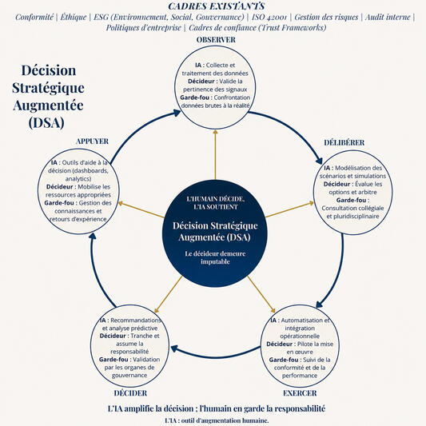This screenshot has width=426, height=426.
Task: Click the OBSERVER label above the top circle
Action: tap(216, 40)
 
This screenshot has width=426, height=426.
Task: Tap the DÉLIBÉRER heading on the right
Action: tap(344, 142)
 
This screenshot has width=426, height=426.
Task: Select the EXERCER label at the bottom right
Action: tap(300, 393)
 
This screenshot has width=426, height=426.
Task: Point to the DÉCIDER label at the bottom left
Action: tap(130, 393)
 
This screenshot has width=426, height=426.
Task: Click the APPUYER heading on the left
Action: tap(92, 141)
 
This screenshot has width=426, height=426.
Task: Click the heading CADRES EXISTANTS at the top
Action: tap(217, 6)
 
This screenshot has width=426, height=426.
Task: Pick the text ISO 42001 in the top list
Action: tap(269, 17)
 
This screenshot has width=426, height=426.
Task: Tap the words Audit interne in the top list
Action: tap(388, 17)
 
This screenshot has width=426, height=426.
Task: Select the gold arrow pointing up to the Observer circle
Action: tap(216, 154)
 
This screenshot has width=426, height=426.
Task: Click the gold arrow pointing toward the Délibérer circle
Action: tap(289, 209)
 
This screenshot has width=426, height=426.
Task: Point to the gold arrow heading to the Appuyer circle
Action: tap(141, 209)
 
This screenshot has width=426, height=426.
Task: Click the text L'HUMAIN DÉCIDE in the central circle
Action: tap(216, 199)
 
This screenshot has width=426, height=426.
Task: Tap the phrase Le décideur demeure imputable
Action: tap(215, 257)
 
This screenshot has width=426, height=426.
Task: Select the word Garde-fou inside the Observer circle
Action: tap(194, 98)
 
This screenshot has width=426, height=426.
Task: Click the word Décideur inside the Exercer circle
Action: tap(279, 344)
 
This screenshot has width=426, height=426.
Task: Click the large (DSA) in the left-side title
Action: tap(46, 122)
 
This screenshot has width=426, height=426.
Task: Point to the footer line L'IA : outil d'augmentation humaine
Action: tap(217, 420)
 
